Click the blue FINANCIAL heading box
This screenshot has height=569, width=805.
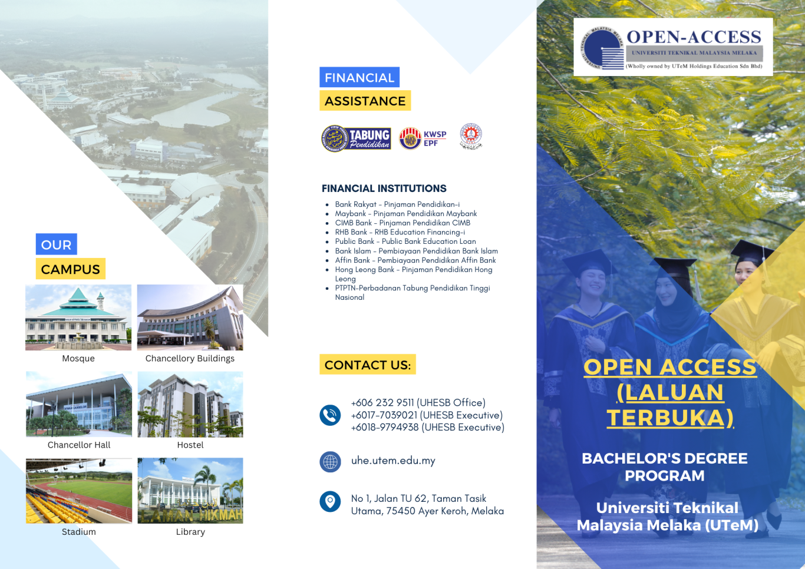point(359,77)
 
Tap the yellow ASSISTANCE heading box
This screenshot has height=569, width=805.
point(365,101)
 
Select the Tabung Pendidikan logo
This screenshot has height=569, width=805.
point(357,138)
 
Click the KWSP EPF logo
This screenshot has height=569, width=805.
point(423,138)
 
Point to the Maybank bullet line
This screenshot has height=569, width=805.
point(405,214)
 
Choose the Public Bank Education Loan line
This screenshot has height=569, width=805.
point(405,242)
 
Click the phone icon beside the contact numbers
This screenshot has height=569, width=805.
point(330,415)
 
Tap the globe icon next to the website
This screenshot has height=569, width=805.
point(330,461)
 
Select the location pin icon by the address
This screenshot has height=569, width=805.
point(330,502)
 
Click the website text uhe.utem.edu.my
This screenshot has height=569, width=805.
point(393,461)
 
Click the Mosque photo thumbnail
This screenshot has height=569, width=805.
point(78,317)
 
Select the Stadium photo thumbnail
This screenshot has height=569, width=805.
point(79,491)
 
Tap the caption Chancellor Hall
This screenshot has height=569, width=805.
point(79,445)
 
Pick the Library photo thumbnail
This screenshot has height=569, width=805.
point(190,491)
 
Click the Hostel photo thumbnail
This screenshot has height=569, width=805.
point(190,405)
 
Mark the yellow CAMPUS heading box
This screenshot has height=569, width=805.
point(70,269)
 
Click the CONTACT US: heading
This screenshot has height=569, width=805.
point(368,365)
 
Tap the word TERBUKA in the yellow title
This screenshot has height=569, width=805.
point(669,418)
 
